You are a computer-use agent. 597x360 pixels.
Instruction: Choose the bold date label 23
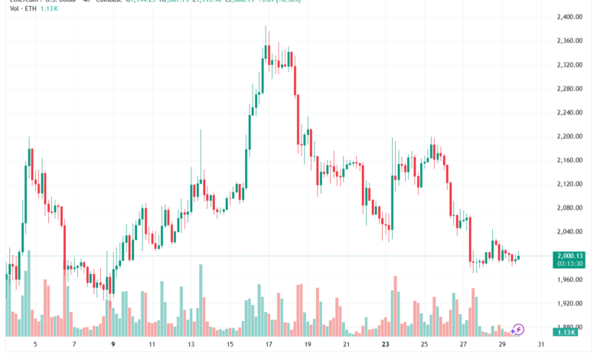[385, 345]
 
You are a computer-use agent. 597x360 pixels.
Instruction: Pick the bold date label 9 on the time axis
[113, 345]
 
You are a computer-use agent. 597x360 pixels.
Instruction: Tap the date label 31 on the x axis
[542, 345]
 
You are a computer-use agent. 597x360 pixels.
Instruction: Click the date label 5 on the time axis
[34, 345]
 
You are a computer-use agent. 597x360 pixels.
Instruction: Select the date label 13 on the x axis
[191, 345]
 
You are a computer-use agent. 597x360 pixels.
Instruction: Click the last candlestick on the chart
[518, 257]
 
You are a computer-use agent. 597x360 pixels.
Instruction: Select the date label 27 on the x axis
[463, 345]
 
